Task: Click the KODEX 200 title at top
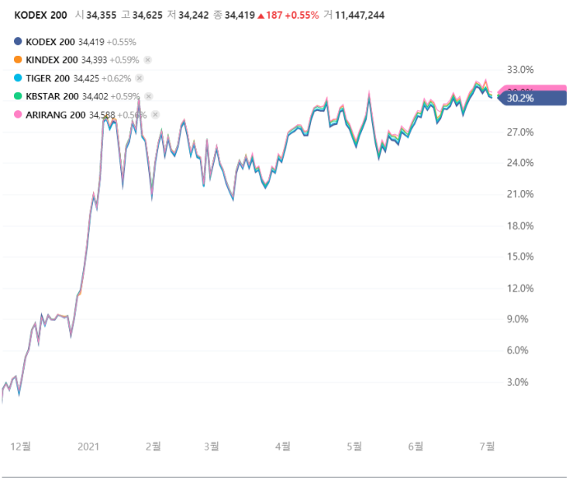pyautogui.click(x=40, y=15)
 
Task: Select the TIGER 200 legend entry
pyautogui.click(x=47, y=78)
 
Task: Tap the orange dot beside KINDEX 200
pyautogui.click(x=18, y=60)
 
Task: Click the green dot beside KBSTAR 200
pyautogui.click(x=18, y=96)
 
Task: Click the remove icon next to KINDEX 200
pyautogui.click(x=147, y=60)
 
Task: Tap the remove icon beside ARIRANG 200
pyautogui.click(x=155, y=115)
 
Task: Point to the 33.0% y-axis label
pyautogui.click(x=519, y=69)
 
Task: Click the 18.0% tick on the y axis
pyautogui.click(x=519, y=226)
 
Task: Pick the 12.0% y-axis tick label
pyautogui.click(x=519, y=288)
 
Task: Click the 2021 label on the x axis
pyautogui.click(x=89, y=446)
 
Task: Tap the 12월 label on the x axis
pyautogui.click(x=21, y=446)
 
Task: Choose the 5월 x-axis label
pyautogui.click(x=354, y=446)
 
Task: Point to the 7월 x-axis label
pyautogui.click(x=486, y=446)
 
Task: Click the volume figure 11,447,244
pyautogui.click(x=360, y=15)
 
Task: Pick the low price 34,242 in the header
pyautogui.click(x=193, y=15)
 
